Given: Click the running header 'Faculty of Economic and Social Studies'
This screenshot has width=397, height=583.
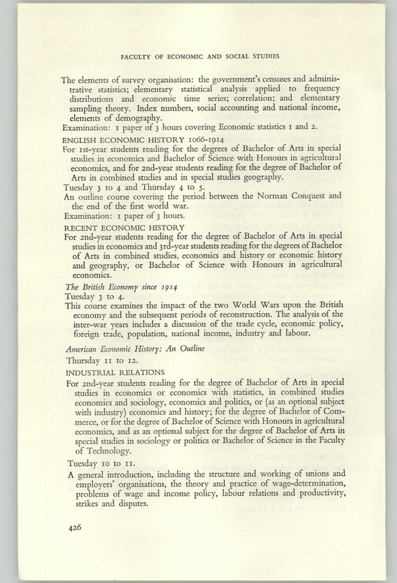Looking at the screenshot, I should coord(198,55).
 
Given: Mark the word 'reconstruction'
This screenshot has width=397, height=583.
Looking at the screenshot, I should coord(259,315).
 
